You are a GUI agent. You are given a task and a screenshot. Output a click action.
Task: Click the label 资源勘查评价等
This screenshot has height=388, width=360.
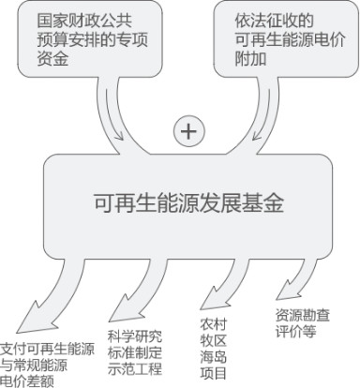302,323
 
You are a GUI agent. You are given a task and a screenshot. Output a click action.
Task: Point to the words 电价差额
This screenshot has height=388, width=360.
27,381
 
